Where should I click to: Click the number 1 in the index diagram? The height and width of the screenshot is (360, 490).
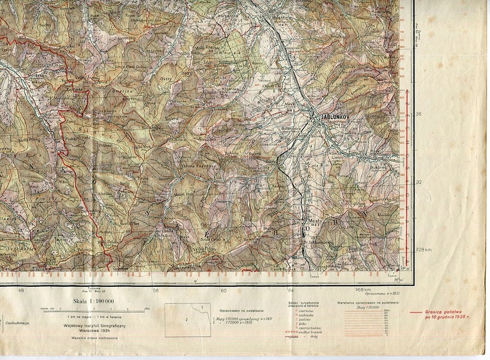202,307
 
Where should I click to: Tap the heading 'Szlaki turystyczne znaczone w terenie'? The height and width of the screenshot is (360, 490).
303,305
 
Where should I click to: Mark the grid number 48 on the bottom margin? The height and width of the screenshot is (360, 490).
21,290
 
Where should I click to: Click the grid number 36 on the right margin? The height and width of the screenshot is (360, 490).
419,114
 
